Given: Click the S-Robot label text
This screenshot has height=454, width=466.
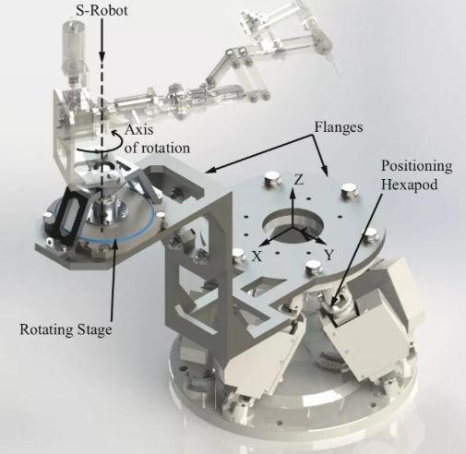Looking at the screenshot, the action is tap(102, 11).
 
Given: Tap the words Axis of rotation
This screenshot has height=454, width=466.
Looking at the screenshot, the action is tap(157, 138).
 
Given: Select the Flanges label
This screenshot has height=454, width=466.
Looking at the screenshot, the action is tap(339, 126).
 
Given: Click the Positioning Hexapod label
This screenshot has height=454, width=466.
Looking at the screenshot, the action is tap(417, 175).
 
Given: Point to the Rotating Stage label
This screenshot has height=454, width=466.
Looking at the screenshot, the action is tap(66, 329).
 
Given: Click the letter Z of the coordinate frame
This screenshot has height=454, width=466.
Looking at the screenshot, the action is tap(299, 180).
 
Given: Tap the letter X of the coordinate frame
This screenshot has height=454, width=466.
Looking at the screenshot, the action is tap(257, 256).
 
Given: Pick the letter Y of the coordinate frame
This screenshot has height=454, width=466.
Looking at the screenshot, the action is tap(329, 255).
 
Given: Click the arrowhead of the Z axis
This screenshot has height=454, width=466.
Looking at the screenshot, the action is tap(293, 192).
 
